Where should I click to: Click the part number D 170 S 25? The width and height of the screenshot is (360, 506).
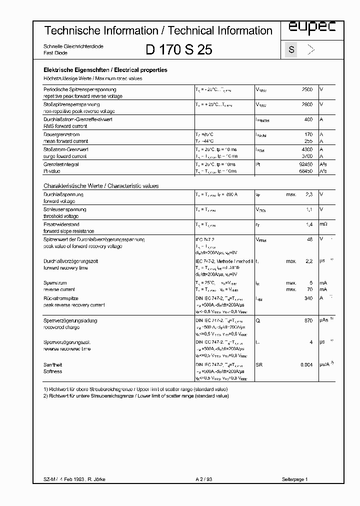tap(178, 49)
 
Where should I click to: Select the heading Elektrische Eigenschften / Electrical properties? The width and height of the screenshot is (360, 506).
tap(105, 70)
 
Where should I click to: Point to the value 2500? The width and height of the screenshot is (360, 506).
tap(307, 89)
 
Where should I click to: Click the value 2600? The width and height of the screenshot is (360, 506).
tap(307, 104)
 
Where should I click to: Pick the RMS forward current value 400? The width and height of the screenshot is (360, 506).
tap(308, 119)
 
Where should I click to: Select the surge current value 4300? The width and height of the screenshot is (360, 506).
tap(307, 149)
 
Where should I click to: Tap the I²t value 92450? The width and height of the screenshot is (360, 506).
tap(305, 164)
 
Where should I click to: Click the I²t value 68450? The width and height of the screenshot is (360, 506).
tap(305, 171)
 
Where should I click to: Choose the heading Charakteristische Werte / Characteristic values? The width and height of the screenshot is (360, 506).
tap(101, 186)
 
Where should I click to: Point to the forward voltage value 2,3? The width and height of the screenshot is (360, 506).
tap(309, 194)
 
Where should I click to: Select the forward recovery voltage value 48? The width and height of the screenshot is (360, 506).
tap(309, 239)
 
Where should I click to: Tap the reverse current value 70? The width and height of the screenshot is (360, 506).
tap(309, 289)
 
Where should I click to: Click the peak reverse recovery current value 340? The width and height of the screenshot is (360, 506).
tap(308, 298)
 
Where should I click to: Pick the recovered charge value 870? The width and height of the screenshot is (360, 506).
tap(308, 320)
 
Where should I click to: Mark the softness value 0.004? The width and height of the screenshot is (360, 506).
tap(306, 365)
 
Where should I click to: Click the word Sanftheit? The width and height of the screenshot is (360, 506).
tap(52, 365)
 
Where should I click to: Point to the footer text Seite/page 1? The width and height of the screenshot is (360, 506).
tap(295, 479)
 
